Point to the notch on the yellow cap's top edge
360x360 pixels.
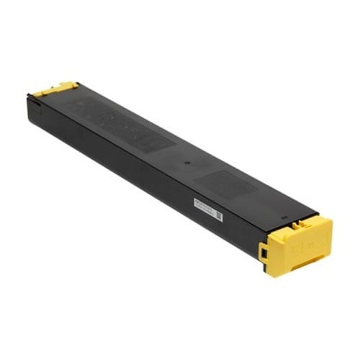point(299,216)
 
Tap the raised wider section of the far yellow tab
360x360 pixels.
point(65,87)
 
